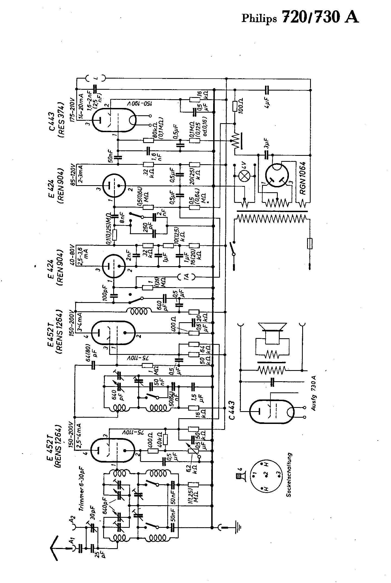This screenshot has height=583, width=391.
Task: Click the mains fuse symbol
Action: tap(310, 243)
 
